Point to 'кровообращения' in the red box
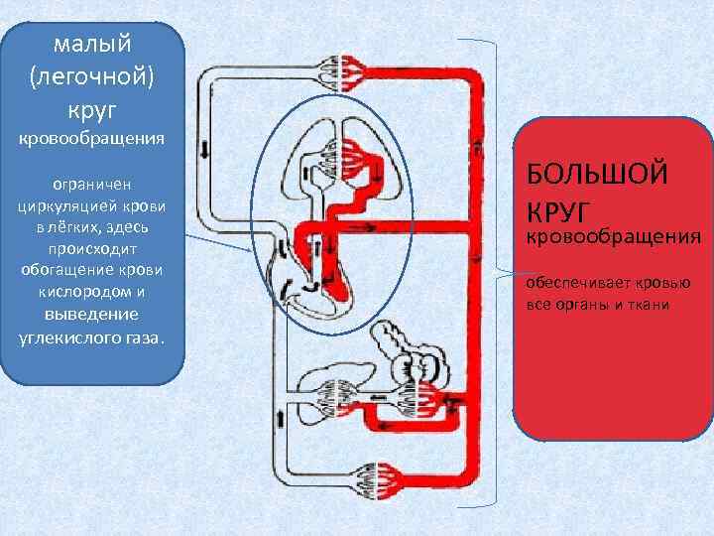tap(613, 237)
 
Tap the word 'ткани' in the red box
tap(649, 304)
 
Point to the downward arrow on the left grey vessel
tap(205, 149)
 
